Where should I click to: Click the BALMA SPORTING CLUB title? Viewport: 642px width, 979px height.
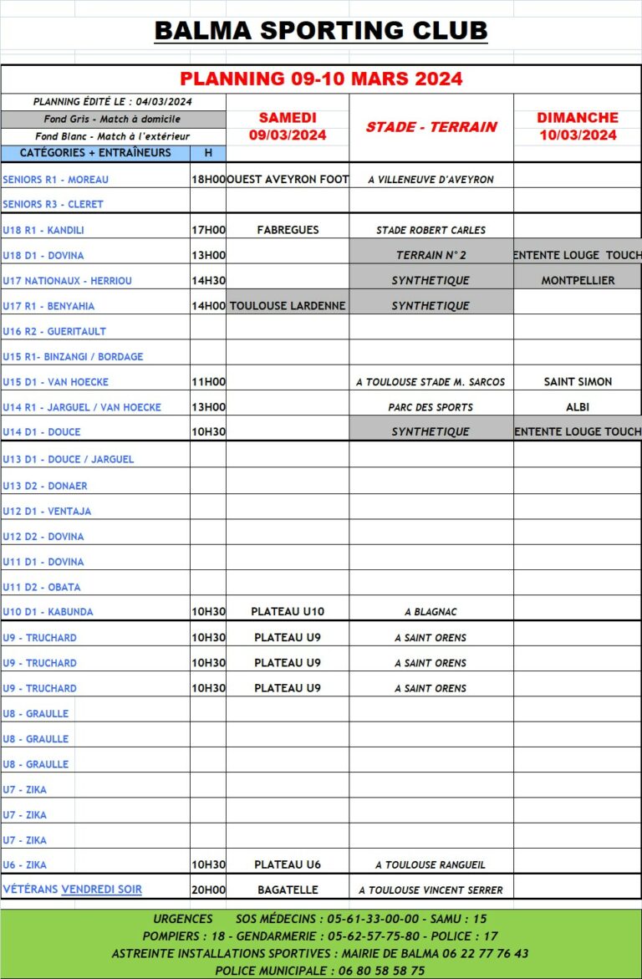(x=321, y=32)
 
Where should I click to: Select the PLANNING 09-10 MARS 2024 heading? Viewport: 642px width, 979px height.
(x=321, y=79)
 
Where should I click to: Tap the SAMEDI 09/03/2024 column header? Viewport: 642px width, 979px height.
(x=288, y=126)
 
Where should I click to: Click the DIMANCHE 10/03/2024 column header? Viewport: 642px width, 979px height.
(x=578, y=126)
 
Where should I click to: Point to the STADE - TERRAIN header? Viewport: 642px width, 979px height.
(x=431, y=127)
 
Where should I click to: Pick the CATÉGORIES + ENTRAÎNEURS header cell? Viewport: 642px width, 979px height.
(x=95, y=153)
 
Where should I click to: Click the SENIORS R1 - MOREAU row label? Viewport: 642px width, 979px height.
(x=56, y=180)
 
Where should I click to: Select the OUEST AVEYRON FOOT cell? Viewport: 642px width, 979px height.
(x=288, y=179)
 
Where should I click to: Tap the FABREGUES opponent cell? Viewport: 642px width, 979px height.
(x=288, y=230)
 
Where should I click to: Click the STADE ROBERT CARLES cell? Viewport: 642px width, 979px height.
(x=431, y=230)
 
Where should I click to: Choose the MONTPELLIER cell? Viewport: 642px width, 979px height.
(x=578, y=281)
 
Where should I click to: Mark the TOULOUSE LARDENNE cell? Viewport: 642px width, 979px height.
(x=288, y=306)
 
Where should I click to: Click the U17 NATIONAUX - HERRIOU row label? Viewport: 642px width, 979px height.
(x=67, y=281)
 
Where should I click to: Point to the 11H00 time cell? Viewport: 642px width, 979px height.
(x=208, y=382)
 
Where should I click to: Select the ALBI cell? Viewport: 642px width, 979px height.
(x=578, y=407)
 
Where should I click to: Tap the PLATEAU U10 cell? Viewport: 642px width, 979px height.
(x=288, y=612)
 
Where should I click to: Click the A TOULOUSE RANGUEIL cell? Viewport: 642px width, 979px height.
(x=431, y=865)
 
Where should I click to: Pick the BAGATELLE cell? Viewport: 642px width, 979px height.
(x=288, y=890)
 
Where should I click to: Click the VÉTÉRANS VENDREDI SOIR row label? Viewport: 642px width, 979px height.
(x=72, y=890)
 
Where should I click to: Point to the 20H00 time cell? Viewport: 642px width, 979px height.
(x=208, y=890)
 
